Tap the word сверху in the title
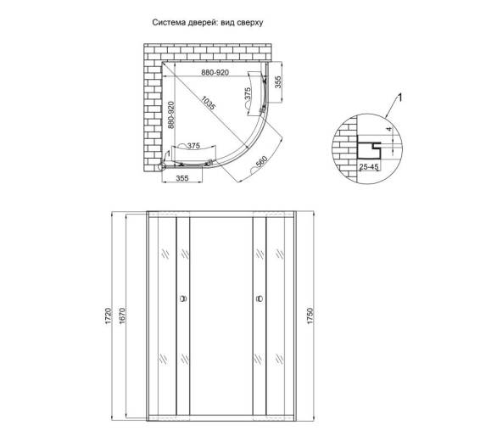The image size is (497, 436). [252, 24]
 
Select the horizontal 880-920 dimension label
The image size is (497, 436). [215, 73]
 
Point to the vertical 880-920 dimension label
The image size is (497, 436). [170, 115]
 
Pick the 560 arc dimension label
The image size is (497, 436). [261, 162]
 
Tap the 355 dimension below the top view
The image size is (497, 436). [182, 178]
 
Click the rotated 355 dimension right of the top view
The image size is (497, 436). [277, 82]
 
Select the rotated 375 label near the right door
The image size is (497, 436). [248, 94]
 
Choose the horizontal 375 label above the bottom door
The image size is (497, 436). [193, 146]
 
